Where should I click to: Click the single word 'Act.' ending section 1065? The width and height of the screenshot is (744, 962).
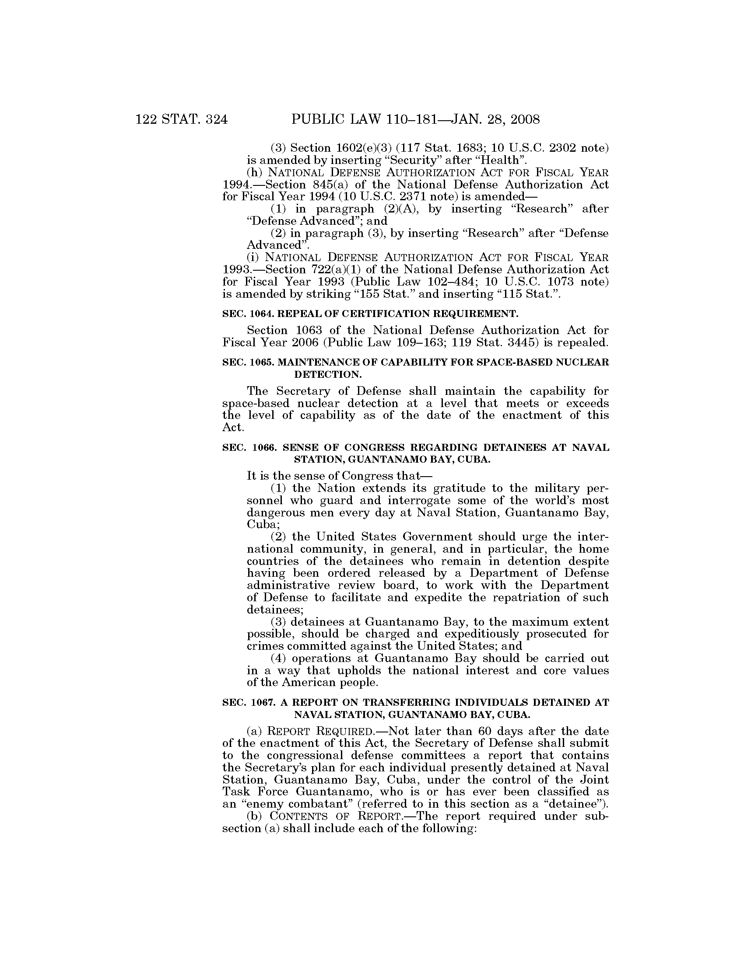(233, 428)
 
